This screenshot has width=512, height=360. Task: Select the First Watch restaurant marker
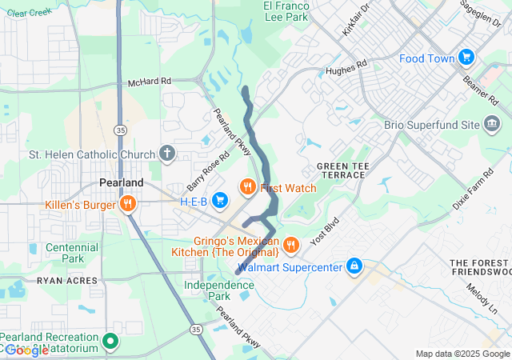pyautogui.click(x=248, y=187)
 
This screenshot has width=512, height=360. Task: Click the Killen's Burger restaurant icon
pyautogui.click(x=127, y=204)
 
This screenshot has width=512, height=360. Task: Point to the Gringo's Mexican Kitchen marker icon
pyautogui.click(x=291, y=243)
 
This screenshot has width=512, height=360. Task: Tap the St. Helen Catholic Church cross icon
pyautogui.click(x=167, y=153)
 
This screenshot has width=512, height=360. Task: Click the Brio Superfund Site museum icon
pyautogui.click(x=492, y=125)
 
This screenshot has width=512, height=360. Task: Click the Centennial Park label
pyautogui.click(x=72, y=253)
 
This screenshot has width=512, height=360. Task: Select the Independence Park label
pyautogui.click(x=218, y=290)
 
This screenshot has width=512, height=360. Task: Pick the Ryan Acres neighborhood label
pyautogui.click(x=66, y=281)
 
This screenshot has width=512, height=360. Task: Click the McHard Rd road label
pyautogui.click(x=150, y=82)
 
